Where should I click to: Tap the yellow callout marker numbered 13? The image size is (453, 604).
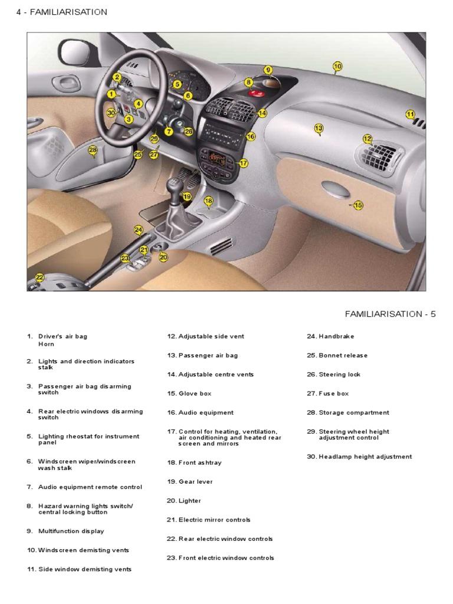click(319, 128)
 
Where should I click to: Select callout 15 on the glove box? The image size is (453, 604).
click(357, 205)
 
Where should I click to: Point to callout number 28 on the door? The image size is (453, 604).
click(93, 150)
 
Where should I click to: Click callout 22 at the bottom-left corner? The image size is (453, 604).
click(40, 277)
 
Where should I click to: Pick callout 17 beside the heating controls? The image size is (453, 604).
click(244, 163)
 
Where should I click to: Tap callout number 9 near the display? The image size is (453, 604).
click(268, 70)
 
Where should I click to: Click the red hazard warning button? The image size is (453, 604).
click(257, 93)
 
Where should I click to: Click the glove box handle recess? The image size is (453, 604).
click(334, 190)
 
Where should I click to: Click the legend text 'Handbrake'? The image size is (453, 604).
click(336, 336)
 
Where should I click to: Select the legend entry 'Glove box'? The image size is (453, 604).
click(195, 393)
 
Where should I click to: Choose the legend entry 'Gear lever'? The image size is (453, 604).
click(195, 481)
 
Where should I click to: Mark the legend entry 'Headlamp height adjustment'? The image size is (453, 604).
click(365, 457)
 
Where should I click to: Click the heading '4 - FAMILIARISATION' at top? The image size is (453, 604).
click(62, 12)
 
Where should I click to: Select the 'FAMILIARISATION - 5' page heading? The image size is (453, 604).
click(390, 314)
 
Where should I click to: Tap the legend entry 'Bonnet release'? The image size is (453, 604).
click(343, 355)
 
